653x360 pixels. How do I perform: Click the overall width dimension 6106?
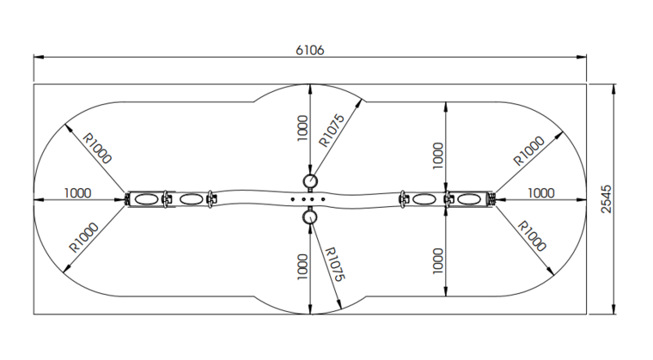pyautogui.click(x=309, y=51)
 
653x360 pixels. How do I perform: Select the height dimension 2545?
pyautogui.click(x=607, y=199)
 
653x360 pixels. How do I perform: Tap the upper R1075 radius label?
pyautogui.click(x=332, y=131)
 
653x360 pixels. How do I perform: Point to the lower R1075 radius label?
pyautogui.click(x=334, y=264)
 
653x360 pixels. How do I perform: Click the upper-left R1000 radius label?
pyautogui.click(x=97, y=148)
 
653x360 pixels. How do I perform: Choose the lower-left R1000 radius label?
pyautogui.click(x=83, y=237)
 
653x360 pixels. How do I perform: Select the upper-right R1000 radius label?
pyautogui.click(x=528, y=151)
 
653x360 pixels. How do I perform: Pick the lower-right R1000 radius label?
pyautogui.click(x=532, y=236)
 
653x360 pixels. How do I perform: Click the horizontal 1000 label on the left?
pyautogui.click(x=77, y=193)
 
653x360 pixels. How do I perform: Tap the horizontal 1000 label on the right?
pyautogui.click(x=541, y=193)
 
